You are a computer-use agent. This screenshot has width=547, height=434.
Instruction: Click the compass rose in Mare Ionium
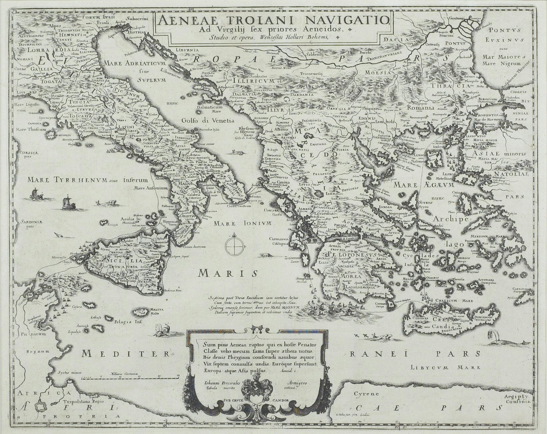point(234,246)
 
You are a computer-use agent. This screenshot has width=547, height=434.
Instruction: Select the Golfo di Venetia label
point(209,120)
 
